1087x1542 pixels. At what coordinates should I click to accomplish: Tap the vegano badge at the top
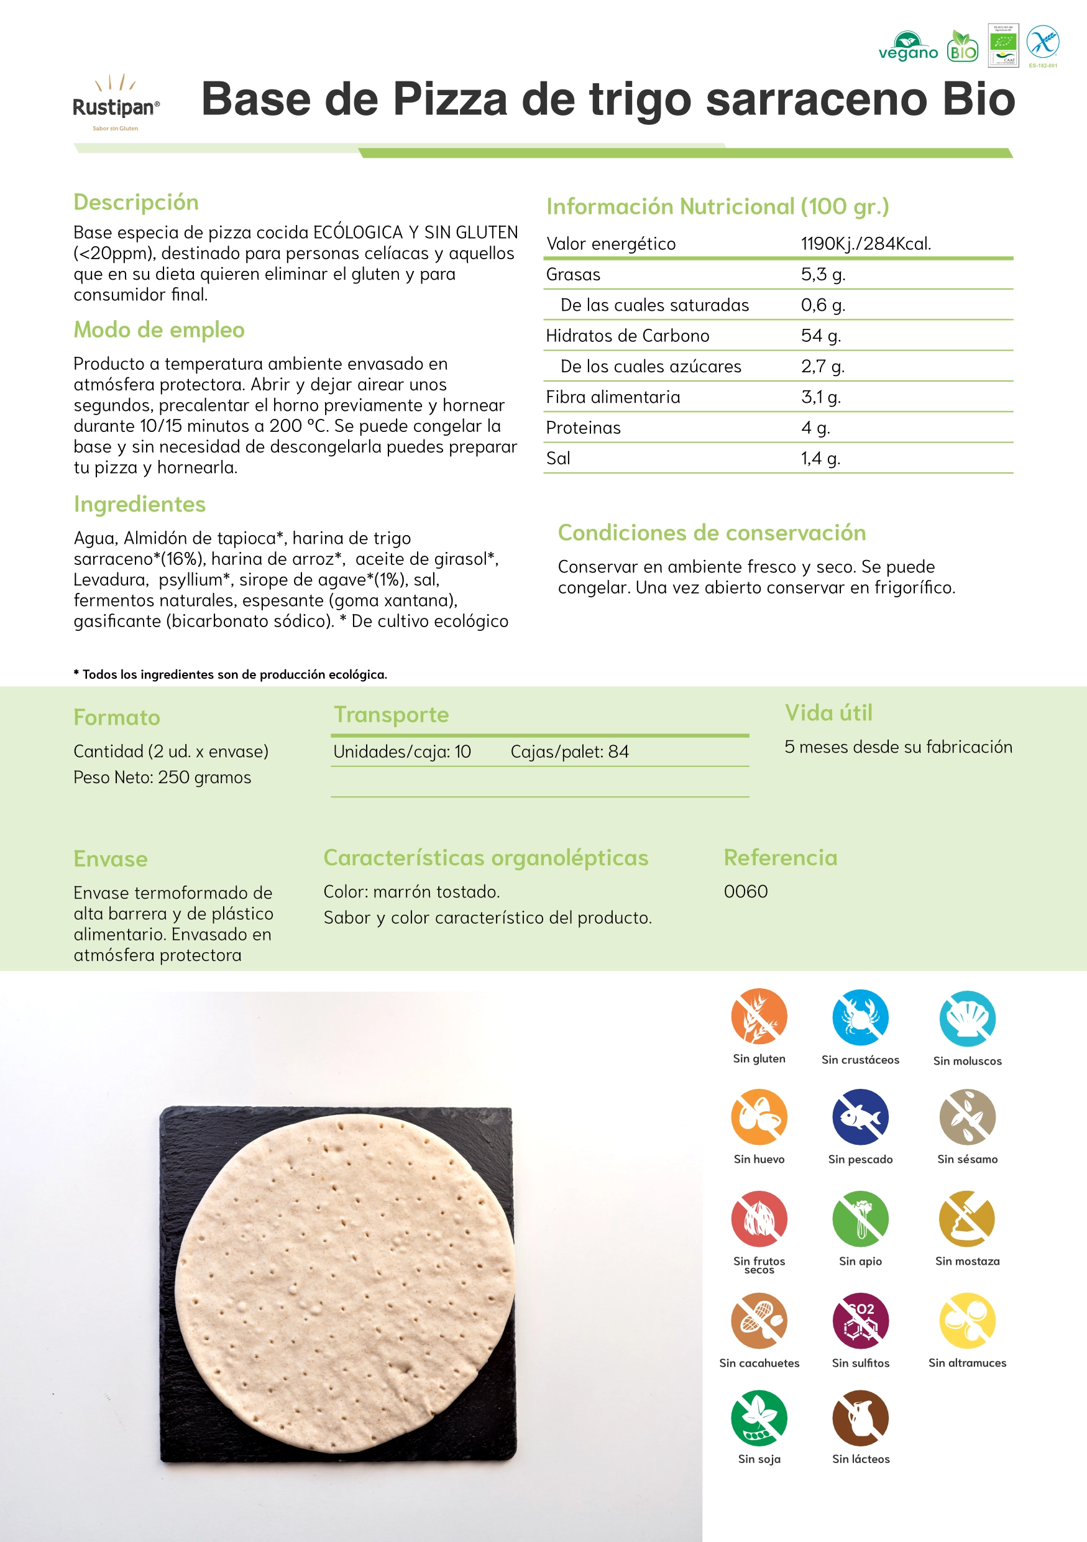tap(908, 47)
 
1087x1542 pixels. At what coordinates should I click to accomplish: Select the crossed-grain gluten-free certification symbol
tap(1043, 43)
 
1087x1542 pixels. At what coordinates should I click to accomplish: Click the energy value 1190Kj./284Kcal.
tap(866, 244)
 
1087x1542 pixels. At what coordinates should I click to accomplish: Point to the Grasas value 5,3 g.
tap(822, 274)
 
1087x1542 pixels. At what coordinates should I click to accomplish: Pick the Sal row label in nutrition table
tap(558, 458)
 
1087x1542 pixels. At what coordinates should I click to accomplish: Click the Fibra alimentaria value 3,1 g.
tap(820, 397)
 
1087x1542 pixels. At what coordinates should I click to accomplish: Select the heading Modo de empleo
tap(159, 330)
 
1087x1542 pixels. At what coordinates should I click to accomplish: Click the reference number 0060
tap(745, 891)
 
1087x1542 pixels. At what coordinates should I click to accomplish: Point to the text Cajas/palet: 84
tap(569, 751)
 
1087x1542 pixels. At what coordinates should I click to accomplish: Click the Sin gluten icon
tap(759, 1016)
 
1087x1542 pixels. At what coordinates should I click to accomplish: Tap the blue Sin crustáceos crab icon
tap(860, 1017)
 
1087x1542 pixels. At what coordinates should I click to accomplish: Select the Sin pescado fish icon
tap(860, 1117)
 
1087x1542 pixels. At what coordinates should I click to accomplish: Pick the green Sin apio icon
tap(860, 1218)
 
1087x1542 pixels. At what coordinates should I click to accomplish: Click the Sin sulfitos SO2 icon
tap(860, 1319)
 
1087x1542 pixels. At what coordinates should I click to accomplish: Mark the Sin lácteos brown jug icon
tap(860, 1417)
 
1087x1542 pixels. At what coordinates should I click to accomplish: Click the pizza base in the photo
tap(344, 1283)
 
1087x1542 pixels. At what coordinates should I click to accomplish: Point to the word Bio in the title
tap(978, 99)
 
